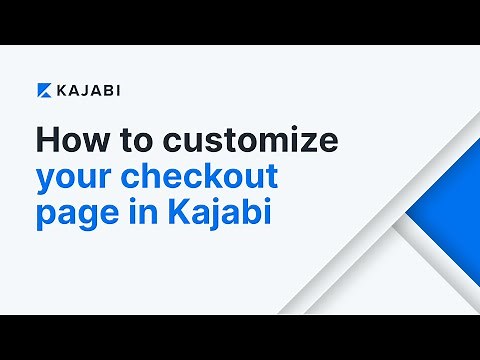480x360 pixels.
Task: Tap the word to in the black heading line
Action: point(124,139)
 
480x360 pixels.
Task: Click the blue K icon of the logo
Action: point(45,90)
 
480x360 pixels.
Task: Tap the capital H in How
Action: point(46,139)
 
